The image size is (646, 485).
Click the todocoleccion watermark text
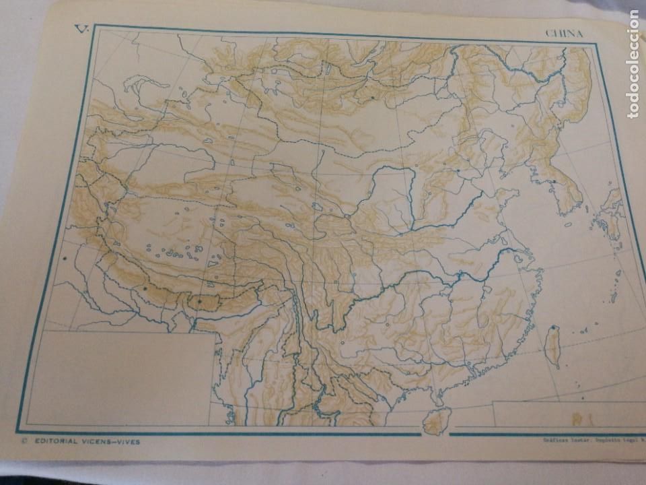633,65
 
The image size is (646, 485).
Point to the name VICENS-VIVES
114,442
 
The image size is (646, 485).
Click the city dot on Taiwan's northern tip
554,329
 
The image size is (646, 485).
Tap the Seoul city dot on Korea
552,181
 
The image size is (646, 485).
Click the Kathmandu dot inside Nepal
145,288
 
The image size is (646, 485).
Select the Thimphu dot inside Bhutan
199,301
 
